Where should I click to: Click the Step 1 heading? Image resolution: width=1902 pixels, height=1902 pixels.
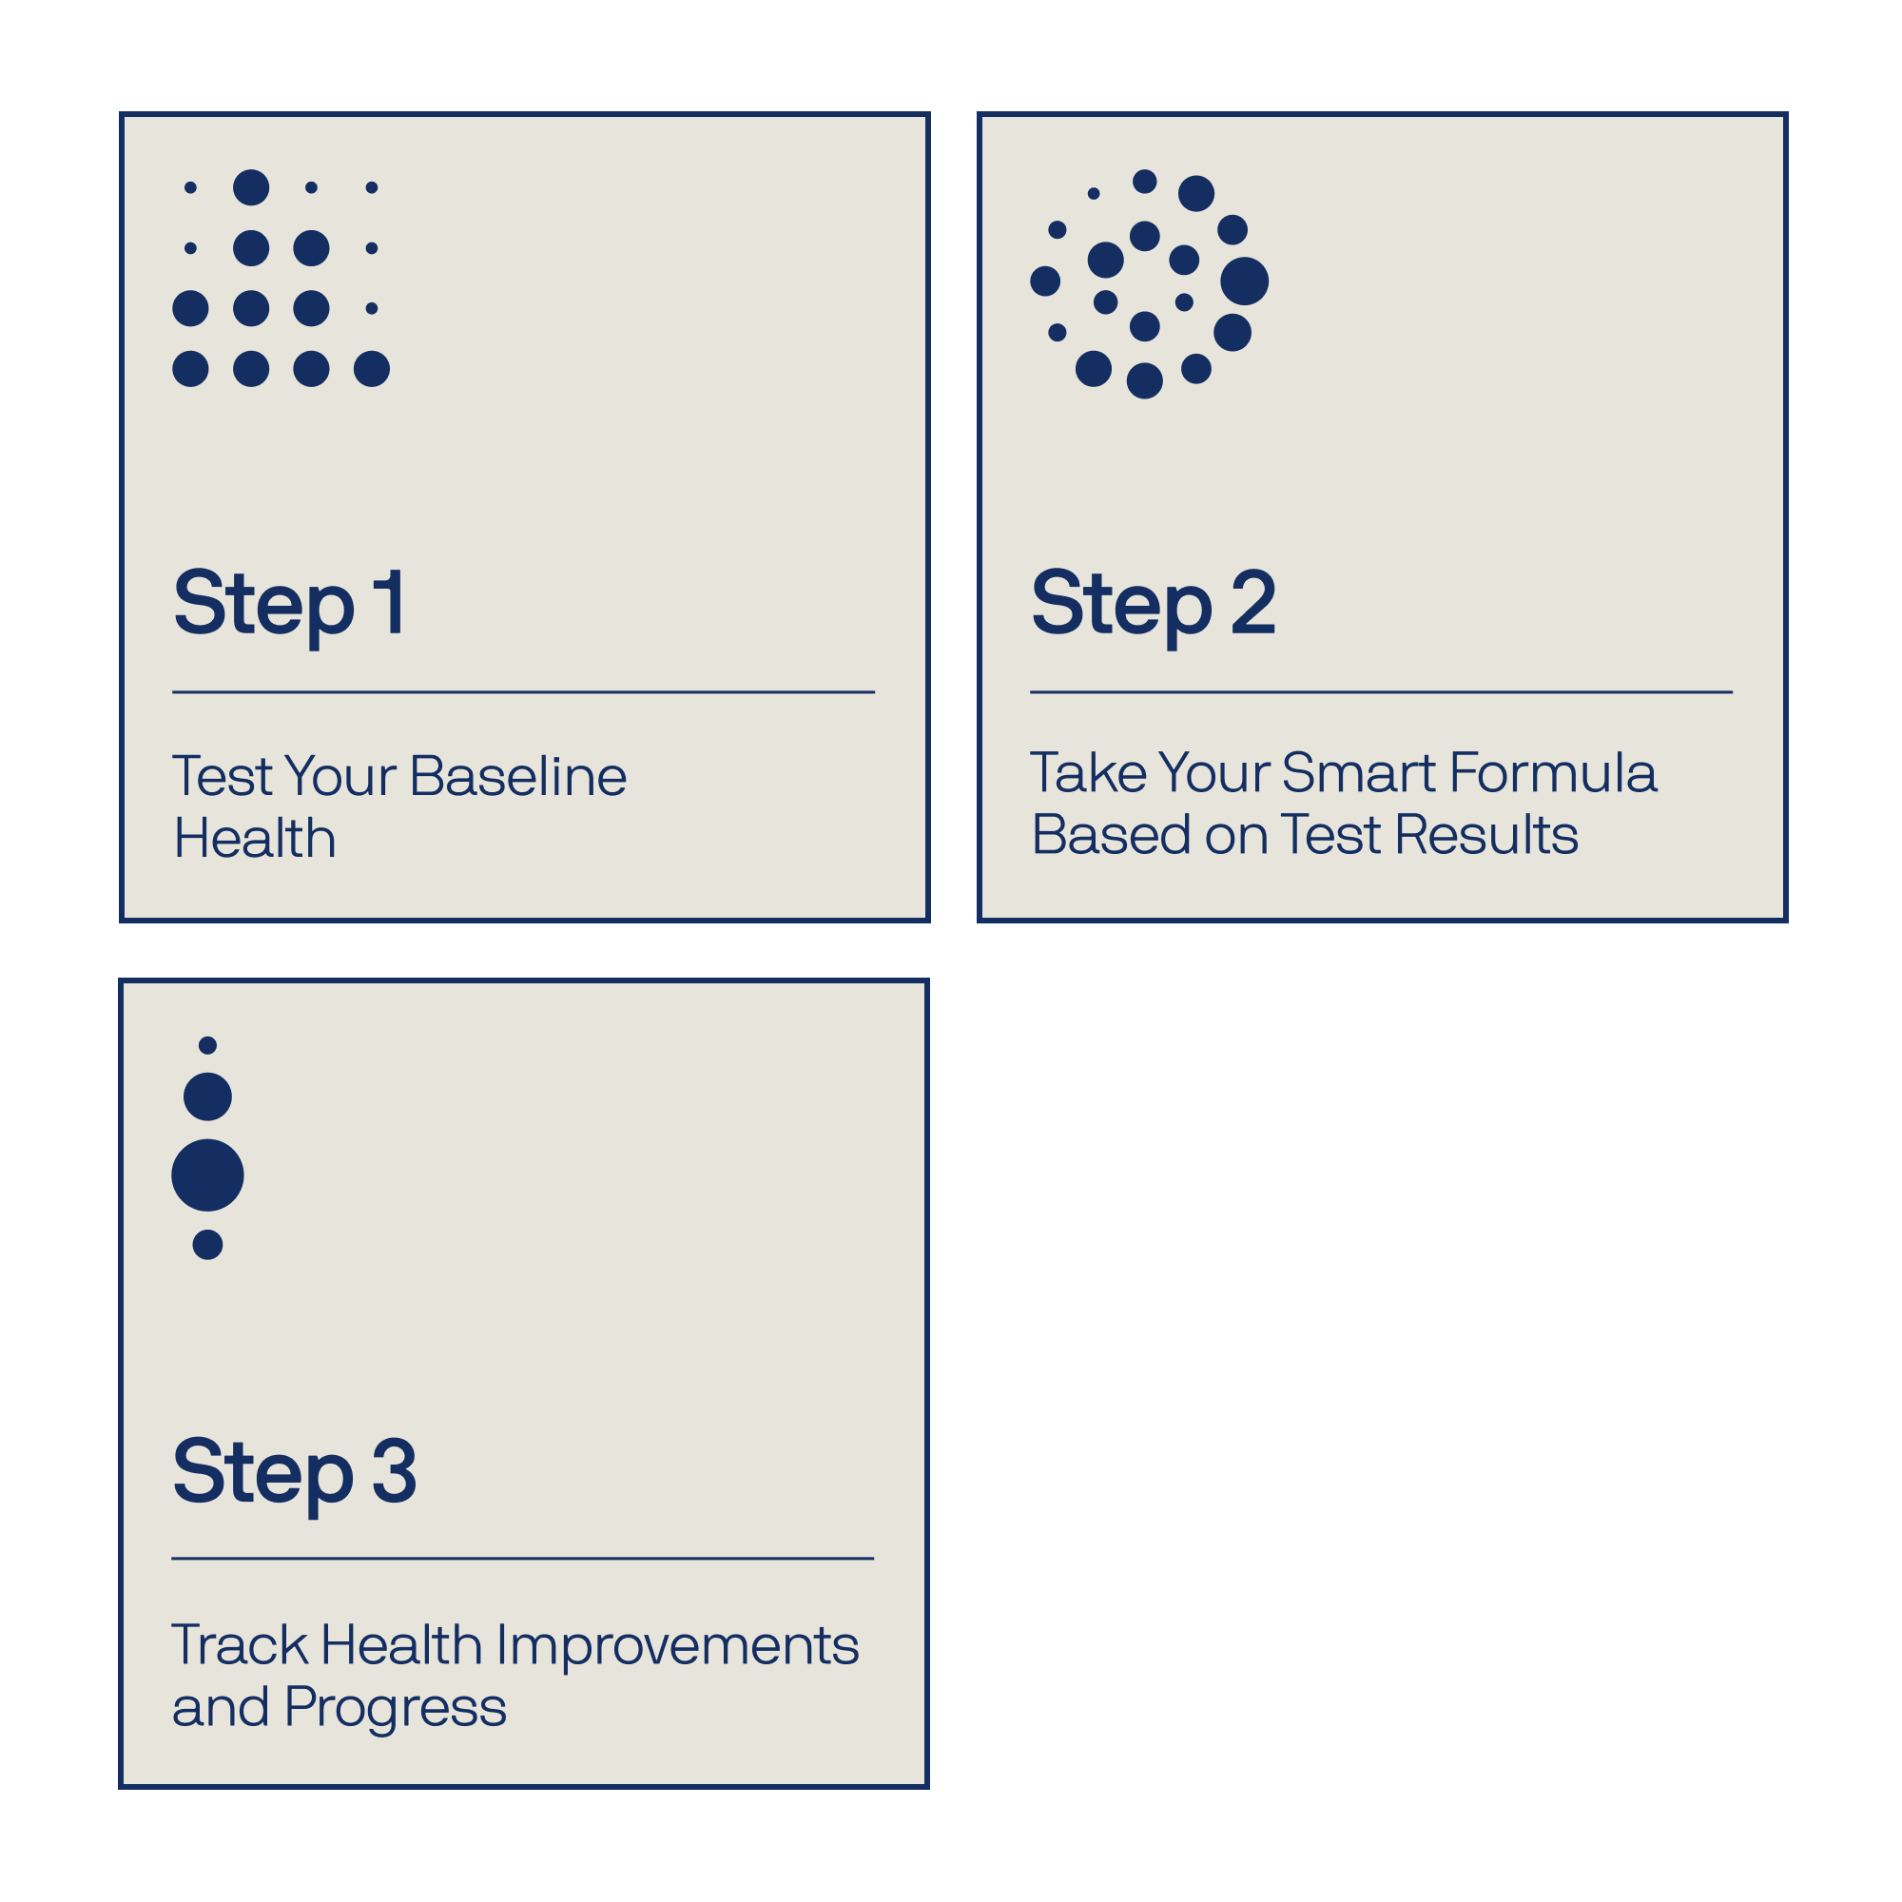pos(288,606)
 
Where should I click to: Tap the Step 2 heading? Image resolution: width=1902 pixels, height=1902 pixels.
pos(1153,606)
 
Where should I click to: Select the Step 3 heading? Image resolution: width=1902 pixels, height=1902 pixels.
pos(295,1473)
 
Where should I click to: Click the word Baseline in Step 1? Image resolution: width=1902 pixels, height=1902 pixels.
pos(518,776)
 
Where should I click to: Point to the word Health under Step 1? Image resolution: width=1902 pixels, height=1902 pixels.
pos(255,839)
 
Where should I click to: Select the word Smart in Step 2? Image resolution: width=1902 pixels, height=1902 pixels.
pos(1359,773)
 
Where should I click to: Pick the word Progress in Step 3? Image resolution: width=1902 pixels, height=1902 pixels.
pos(395,1710)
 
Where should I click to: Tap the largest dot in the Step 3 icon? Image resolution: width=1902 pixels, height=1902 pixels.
pos(207,1175)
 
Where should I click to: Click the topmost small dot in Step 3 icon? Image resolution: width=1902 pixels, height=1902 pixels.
pos(207,1045)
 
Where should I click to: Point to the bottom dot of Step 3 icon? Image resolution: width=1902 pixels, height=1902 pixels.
pos(207,1246)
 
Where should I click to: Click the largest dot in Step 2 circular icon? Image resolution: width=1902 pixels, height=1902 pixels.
pos(1244,281)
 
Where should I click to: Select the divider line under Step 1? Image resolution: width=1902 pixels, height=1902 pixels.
pos(524,692)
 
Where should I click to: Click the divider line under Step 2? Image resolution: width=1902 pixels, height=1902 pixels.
pos(1381,692)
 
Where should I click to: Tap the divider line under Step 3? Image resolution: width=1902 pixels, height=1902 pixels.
pos(523,1559)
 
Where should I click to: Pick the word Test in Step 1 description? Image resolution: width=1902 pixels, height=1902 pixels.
pos(223,776)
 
